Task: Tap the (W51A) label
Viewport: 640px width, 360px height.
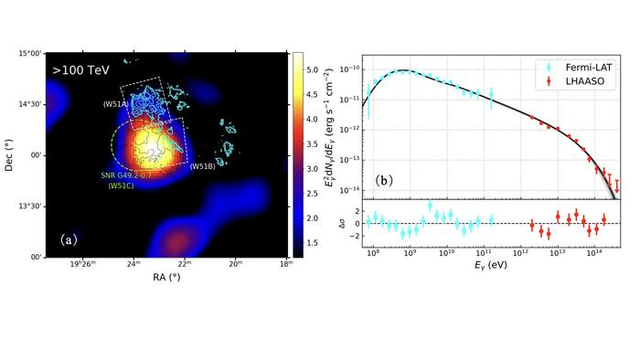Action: point(116,104)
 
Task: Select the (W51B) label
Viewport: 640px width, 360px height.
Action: point(202,166)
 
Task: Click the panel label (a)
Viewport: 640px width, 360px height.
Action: point(69,240)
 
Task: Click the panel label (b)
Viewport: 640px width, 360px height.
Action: point(385,181)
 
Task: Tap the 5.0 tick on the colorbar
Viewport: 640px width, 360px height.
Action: point(312,69)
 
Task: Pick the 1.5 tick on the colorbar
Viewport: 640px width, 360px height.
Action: point(312,243)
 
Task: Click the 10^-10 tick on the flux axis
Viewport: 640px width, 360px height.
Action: point(347,69)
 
